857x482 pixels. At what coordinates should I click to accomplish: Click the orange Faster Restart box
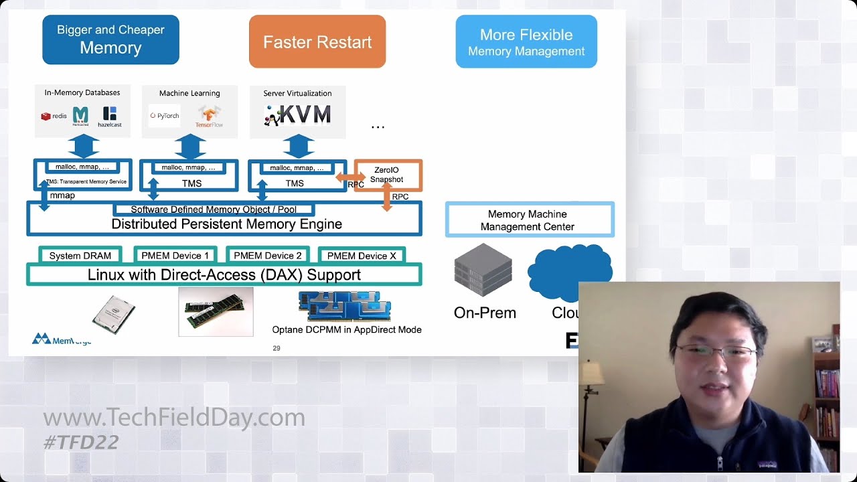tap(317, 42)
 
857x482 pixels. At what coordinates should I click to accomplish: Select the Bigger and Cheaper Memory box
tap(110, 39)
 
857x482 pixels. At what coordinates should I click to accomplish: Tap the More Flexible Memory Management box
tap(526, 42)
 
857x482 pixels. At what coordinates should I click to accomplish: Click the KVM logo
tap(298, 115)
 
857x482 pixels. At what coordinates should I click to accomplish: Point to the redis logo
tap(54, 116)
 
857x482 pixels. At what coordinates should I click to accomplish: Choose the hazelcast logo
tap(110, 116)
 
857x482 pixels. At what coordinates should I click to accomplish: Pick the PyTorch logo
tap(164, 116)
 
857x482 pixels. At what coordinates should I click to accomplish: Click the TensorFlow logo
tap(209, 116)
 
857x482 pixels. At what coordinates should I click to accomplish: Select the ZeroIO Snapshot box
tap(388, 175)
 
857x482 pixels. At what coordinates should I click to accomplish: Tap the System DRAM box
tap(80, 256)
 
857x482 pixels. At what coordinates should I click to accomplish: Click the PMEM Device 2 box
tap(268, 256)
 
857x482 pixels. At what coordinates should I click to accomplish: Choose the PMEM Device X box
tap(362, 256)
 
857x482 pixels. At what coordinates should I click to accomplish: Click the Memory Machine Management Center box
tap(530, 220)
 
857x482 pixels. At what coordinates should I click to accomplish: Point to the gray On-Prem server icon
tap(483, 271)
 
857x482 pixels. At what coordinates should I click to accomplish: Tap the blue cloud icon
tap(569, 271)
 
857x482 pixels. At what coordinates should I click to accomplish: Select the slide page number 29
tap(277, 348)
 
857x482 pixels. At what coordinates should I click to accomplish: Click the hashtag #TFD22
tap(81, 442)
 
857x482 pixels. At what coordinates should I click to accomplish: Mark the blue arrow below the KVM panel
tap(299, 146)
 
